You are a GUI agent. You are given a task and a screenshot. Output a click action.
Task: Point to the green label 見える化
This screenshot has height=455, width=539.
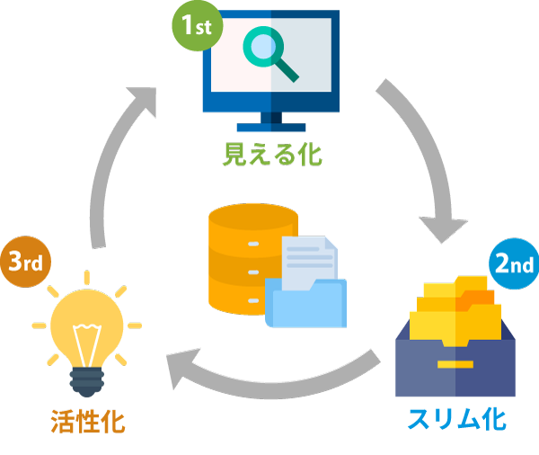[271, 155]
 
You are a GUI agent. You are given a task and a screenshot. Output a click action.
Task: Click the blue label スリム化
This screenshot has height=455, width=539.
[456, 420]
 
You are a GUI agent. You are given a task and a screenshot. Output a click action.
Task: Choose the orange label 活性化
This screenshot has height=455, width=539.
[87, 420]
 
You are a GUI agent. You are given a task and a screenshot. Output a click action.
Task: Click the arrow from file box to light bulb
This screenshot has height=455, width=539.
[269, 378]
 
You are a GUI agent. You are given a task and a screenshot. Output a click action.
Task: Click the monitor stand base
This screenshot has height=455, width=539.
[270, 127]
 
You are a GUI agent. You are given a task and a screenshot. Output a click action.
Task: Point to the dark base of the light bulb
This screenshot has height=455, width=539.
[86, 383]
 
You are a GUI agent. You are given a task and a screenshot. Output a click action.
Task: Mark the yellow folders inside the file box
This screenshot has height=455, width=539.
[456, 310]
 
